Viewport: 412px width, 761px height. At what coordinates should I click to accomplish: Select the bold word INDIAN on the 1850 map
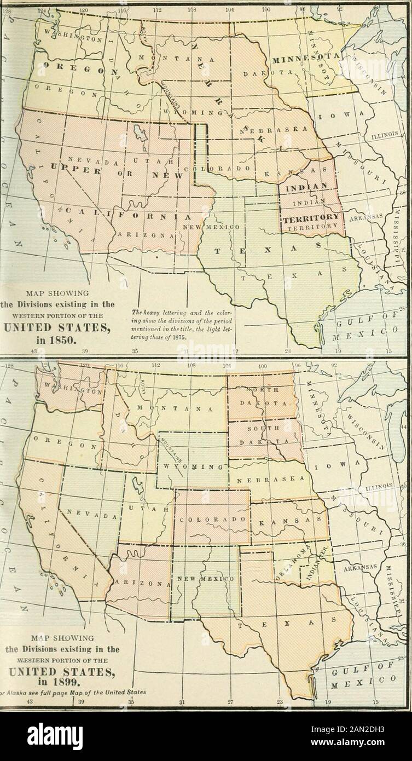(306, 187)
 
